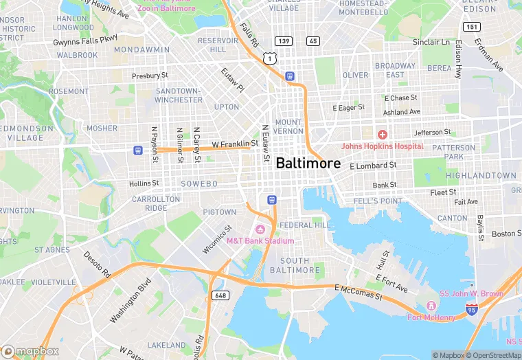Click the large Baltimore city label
pyautogui.click(x=308, y=163)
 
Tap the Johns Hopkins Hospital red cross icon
pyautogui.click(x=382, y=133)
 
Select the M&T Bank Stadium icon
pyautogui.click(x=260, y=229)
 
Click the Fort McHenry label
pyautogui.click(x=431, y=317)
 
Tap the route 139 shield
pyautogui.click(x=284, y=41)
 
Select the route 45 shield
pyautogui.click(x=313, y=41)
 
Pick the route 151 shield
pyautogui.click(x=470, y=27)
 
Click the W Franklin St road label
pyautogui.click(x=234, y=144)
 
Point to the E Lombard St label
pyautogui.click(x=373, y=166)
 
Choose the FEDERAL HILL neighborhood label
pyautogui.click(x=304, y=225)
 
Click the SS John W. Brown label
pyautogui.click(x=473, y=294)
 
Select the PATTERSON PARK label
pyautogui.click(x=454, y=151)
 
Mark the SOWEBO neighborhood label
pyautogui.click(x=198, y=184)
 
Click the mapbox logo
pyautogui.click(x=31, y=350)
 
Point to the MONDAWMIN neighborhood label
pyautogui.click(x=141, y=50)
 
